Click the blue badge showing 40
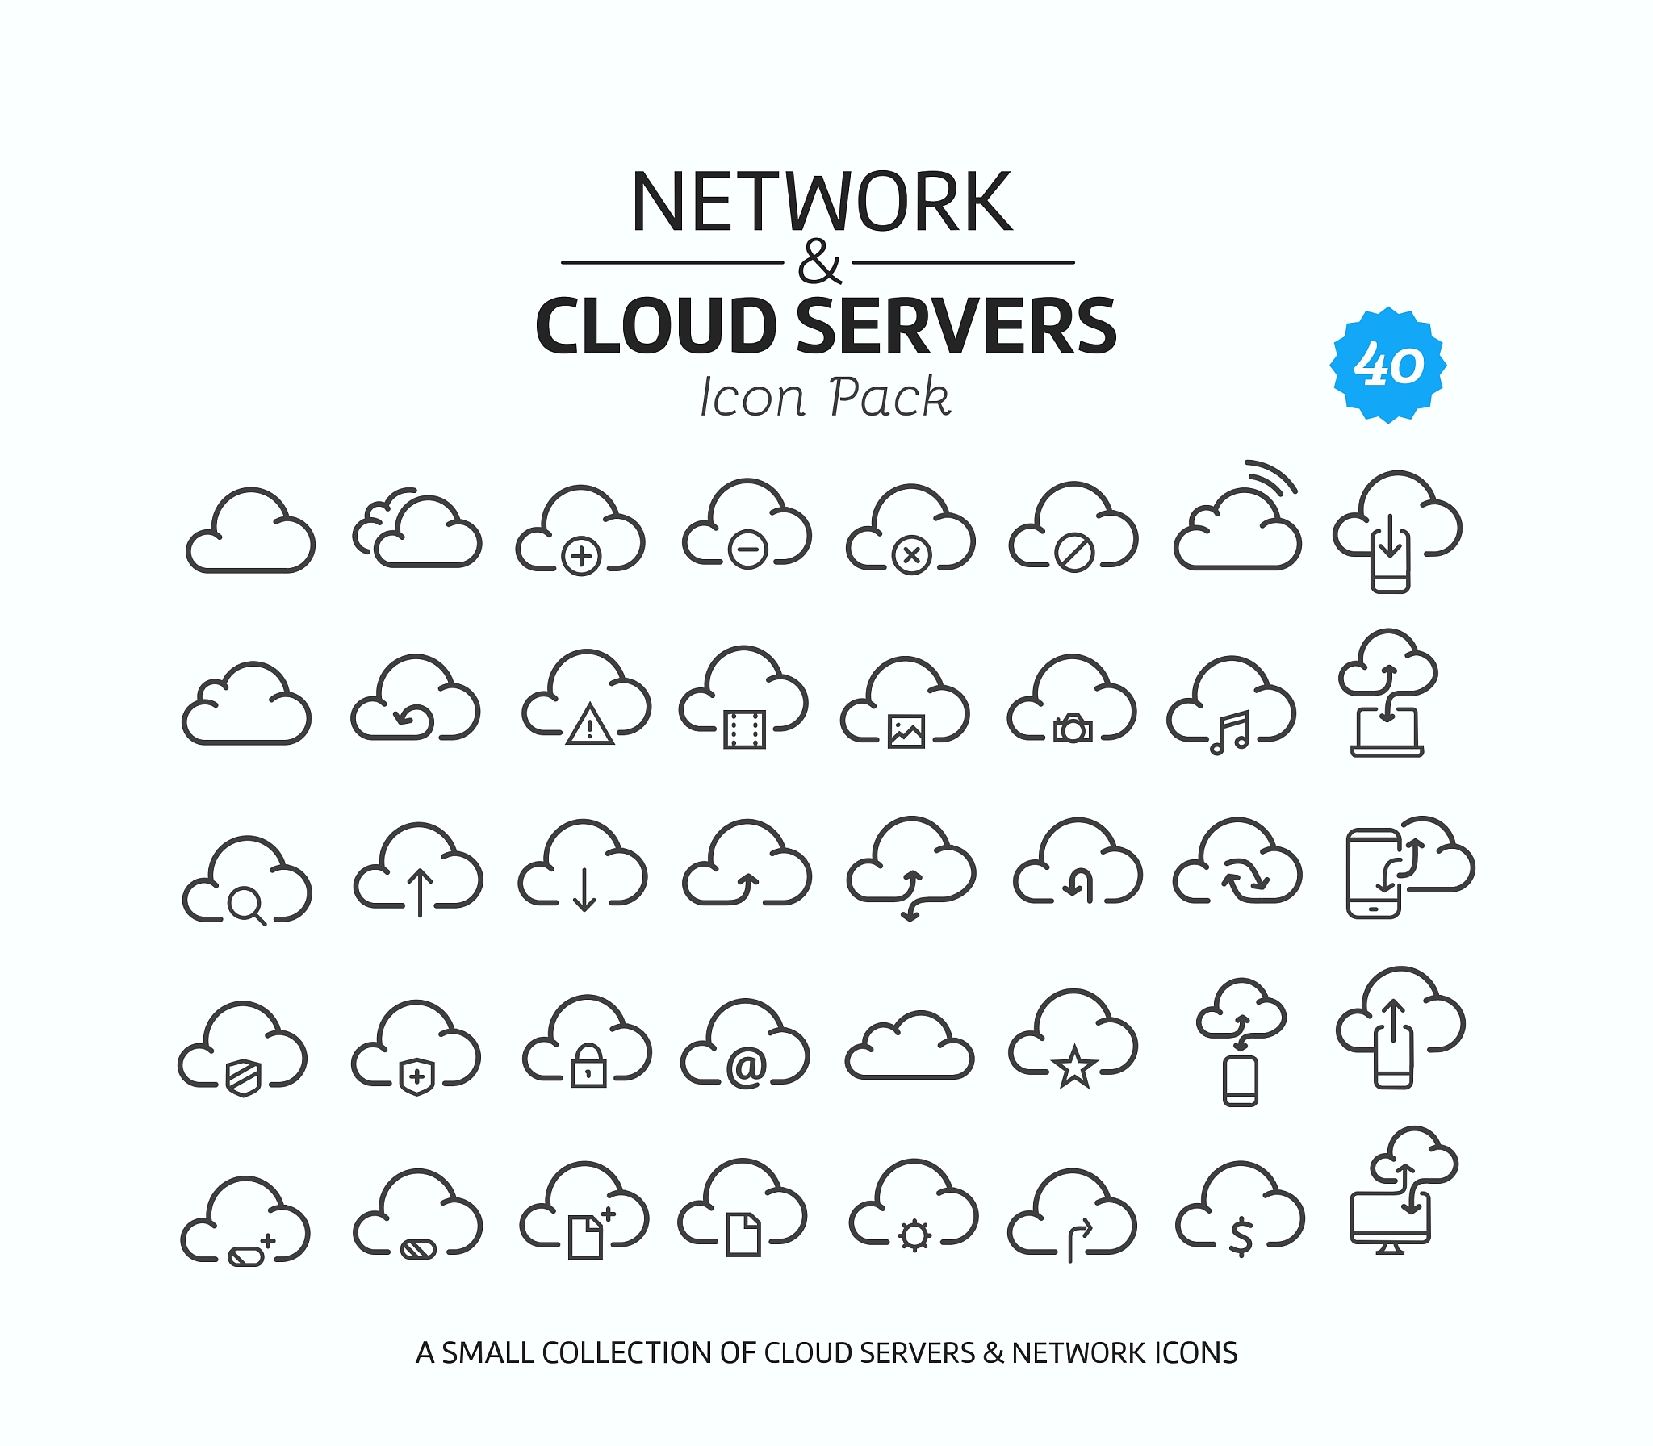tap(1387, 365)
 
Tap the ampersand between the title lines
tap(818, 261)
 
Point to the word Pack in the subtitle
tap(889, 397)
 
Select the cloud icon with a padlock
tap(587, 1042)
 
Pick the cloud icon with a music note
tap(1231, 706)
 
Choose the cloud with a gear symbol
tap(914, 1206)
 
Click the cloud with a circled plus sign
tap(580, 531)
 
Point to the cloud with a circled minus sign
tap(747, 524)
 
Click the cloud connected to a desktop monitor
tap(1404, 1191)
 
